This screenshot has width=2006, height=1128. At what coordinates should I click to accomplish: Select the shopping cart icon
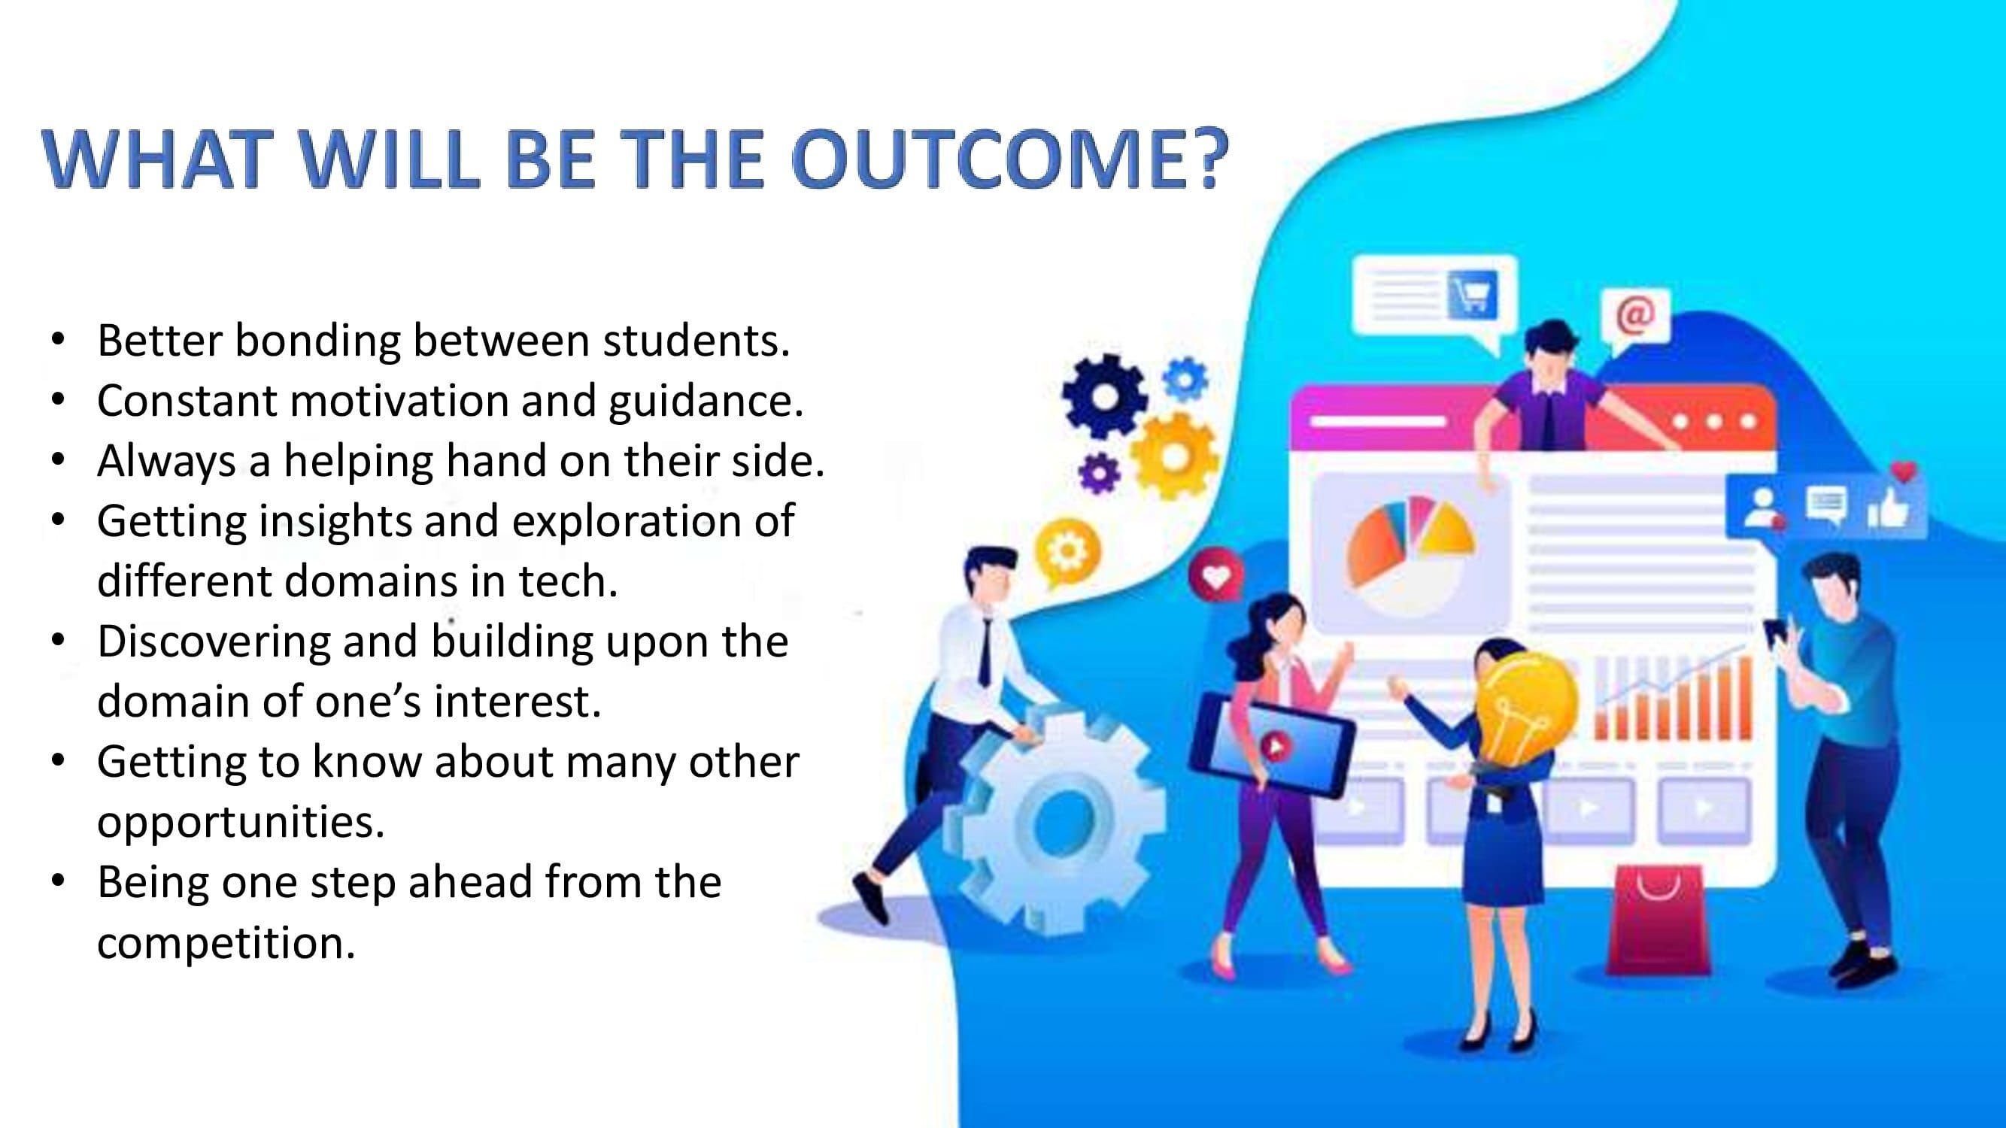1471,294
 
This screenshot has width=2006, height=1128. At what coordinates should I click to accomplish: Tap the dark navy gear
1103,396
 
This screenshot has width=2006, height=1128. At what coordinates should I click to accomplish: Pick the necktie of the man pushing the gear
985,653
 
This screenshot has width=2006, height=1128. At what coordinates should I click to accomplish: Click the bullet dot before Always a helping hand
59,459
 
